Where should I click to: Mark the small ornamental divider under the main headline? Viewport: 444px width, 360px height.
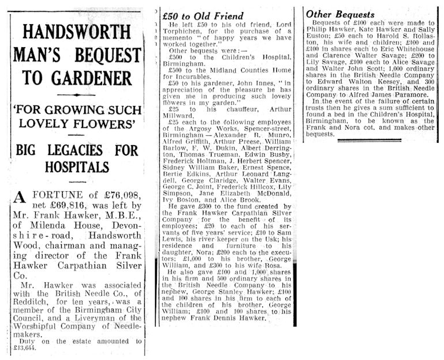pyautogui.click(x=77, y=94)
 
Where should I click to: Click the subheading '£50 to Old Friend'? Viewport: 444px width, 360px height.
pyautogui.click(x=203, y=16)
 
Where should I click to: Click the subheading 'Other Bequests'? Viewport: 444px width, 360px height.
pyautogui.click(x=340, y=14)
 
